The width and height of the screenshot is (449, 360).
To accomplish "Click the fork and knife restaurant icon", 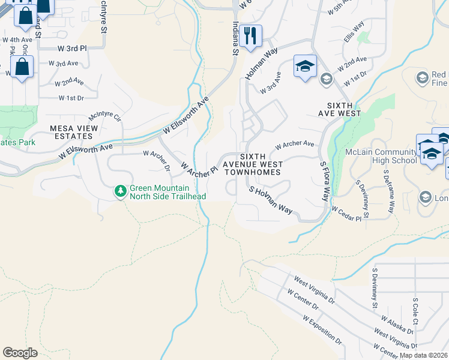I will [250, 35].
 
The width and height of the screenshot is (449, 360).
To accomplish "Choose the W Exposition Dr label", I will [322, 331].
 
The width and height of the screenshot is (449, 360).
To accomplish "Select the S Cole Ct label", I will [415, 310].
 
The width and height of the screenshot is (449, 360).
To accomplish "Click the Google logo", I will [20, 353].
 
